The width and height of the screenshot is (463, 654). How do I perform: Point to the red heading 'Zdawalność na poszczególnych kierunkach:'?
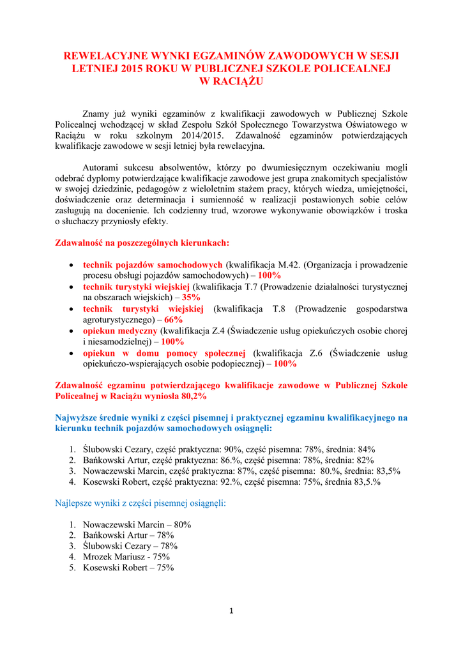[142, 243]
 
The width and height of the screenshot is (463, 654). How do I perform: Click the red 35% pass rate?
[191, 297]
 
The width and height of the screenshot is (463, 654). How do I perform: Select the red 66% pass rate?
[173, 319]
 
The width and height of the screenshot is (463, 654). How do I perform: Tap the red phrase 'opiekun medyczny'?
[120, 331]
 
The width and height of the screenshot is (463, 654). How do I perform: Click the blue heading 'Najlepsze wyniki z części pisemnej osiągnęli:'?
[141, 503]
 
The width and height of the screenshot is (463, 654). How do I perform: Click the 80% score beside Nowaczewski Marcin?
[183, 524]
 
